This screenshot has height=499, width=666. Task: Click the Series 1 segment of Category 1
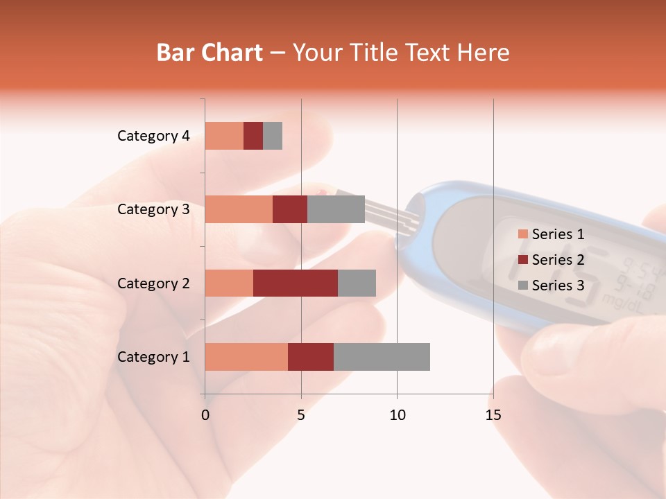(246, 357)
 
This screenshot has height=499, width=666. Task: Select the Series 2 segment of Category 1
(311, 357)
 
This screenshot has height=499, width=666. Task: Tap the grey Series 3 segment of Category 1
(382, 357)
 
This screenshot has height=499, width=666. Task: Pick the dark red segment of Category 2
(296, 283)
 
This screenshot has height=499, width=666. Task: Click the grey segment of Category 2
(357, 283)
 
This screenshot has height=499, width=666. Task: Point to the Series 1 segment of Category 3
(239, 209)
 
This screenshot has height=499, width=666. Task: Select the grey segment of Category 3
(336, 209)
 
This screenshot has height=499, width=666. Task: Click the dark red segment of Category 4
(253, 136)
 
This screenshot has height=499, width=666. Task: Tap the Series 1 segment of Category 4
(224, 136)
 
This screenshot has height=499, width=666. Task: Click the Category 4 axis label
(153, 136)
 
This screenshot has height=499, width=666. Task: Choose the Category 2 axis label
(153, 283)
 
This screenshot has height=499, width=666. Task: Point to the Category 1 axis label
(153, 357)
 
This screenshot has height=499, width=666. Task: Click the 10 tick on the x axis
(397, 415)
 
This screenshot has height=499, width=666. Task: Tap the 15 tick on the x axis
(493, 415)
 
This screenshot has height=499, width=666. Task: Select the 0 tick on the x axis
(205, 415)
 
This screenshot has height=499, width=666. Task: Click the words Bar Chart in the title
(210, 53)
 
